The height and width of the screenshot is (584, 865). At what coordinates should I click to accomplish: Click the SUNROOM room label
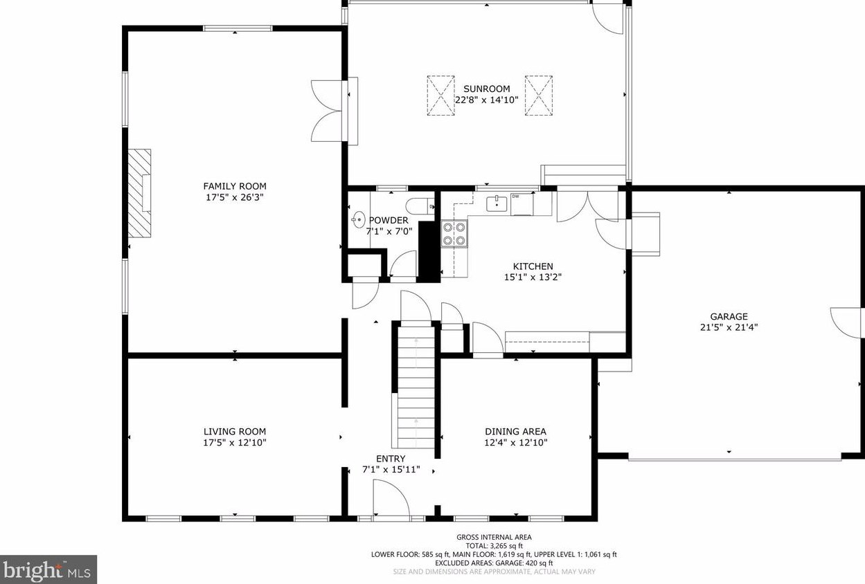[487, 89]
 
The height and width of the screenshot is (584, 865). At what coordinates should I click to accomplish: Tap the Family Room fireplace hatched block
[139, 193]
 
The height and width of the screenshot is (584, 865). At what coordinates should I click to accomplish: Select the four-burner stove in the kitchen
[454, 234]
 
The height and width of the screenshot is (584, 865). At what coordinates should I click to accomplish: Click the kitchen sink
[497, 203]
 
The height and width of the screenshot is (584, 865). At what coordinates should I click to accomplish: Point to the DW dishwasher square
[522, 204]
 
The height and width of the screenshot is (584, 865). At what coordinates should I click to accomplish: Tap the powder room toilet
[420, 206]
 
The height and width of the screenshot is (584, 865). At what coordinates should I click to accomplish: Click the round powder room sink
[358, 220]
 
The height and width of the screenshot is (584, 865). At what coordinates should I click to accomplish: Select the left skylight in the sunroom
[440, 95]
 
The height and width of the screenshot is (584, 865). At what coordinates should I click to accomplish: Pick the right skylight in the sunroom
[539, 95]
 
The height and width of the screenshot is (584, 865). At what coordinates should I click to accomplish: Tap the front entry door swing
[391, 498]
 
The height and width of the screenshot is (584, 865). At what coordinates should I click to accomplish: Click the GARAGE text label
[729, 317]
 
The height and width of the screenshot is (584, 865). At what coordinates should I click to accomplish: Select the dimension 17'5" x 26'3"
[235, 197]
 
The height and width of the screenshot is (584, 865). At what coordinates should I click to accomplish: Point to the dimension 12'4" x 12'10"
[516, 442]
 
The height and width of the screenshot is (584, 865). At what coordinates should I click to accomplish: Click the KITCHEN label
[533, 266]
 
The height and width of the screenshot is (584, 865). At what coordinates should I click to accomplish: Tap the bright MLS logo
[48, 569]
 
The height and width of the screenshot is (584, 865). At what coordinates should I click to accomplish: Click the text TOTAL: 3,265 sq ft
[494, 546]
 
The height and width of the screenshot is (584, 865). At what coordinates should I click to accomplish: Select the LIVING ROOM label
[235, 432]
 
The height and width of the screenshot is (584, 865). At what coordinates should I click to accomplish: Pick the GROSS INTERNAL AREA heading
[494, 537]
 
